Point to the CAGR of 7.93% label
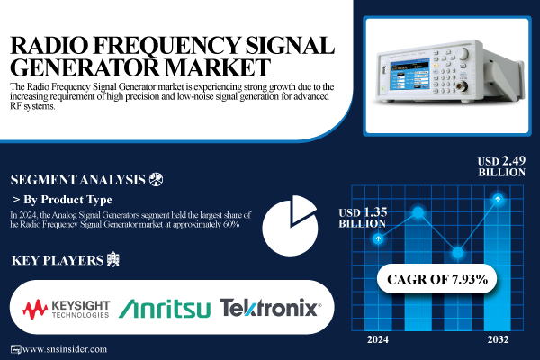pyautogui.click(x=437, y=279)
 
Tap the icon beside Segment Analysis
pyautogui.click(x=157, y=178)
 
